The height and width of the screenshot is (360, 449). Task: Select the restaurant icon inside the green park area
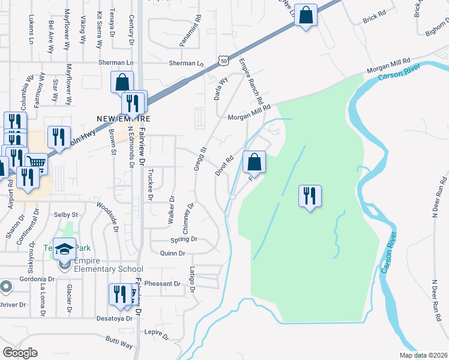pyautogui.click(x=310, y=196)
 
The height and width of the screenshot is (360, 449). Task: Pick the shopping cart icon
pyautogui.click(x=36, y=162)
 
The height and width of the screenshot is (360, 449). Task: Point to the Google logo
pyautogui.click(x=20, y=353)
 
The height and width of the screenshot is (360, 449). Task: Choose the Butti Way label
pyautogui.click(x=119, y=343)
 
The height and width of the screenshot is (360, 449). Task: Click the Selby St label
pyautogui.click(x=67, y=214)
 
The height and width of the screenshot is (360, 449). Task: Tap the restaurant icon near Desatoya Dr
pyautogui.click(x=118, y=295)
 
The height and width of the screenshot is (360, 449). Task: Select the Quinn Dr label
pyautogui.click(x=173, y=254)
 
